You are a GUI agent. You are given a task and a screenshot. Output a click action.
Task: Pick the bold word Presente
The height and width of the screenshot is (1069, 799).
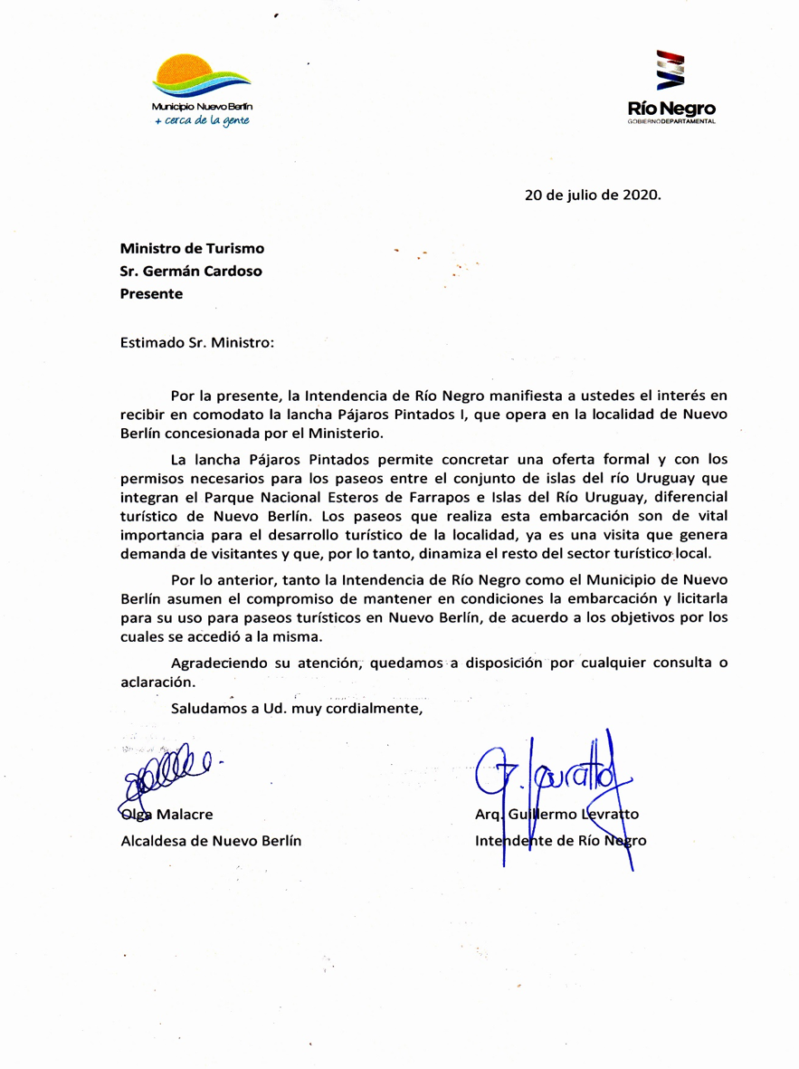click(x=151, y=293)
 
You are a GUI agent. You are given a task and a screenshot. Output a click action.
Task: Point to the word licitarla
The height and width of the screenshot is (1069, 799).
click(x=695, y=599)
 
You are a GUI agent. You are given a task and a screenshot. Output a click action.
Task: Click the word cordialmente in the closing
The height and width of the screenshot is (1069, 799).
click(x=371, y=708)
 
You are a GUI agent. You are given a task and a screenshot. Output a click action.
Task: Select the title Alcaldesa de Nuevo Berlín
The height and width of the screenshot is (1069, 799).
click(x=211, y=840)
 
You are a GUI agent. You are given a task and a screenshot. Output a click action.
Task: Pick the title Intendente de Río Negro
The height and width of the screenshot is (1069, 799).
click(x=561, y=840)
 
